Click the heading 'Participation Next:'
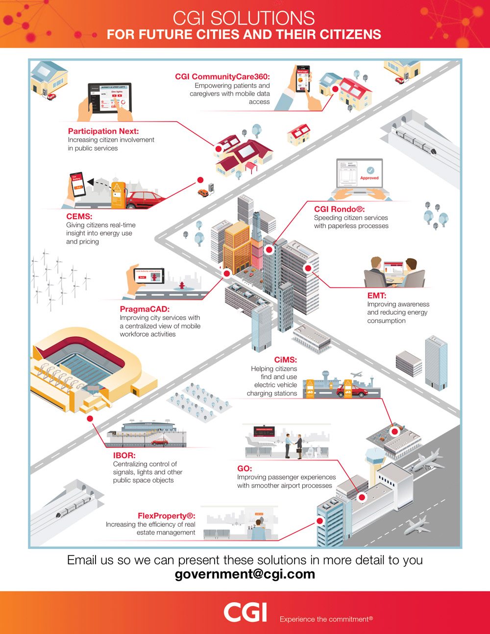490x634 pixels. [x=103, y=131]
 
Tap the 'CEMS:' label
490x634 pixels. [x=79, y=216]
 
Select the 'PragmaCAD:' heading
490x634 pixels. [x=145, y=309]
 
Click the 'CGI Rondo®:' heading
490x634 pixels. [x=339, y=209]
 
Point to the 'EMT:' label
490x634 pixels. [x=377, y=295]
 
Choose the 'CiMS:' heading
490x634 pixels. [x=286, y=360]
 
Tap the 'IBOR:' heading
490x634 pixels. [x=124, y=455]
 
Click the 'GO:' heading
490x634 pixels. [x=245, y=468]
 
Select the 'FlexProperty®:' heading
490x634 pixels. [x=167, y=515]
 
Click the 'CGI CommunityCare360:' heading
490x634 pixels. [x=222, y=76]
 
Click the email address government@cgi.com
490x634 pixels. [x=245, y=574]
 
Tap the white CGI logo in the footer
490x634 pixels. [x=245, y=612]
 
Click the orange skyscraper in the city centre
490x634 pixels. [x=237, y=245]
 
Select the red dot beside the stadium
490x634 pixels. [x=90, y=418]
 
